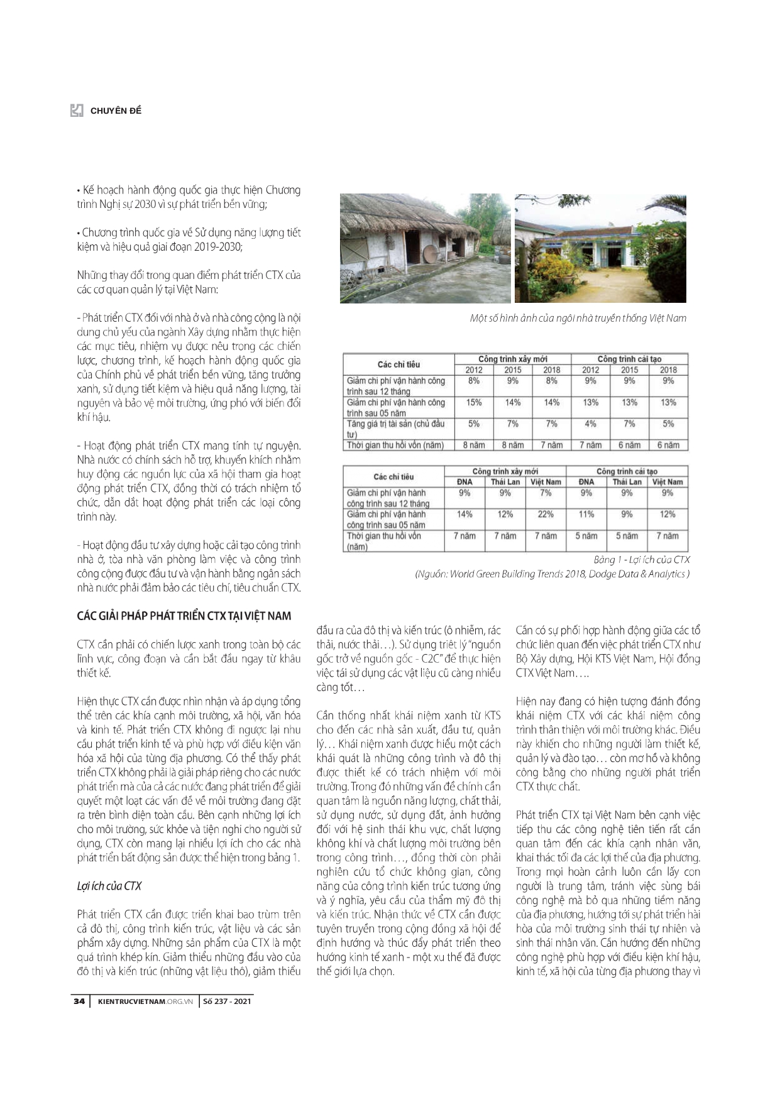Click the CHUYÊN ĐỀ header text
click(116, 111)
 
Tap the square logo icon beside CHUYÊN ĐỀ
click(77, 111)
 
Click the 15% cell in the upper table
click(474, 402)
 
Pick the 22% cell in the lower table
click(546, 514)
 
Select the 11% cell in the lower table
click(586, 514)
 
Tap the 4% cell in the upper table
click(590, 423)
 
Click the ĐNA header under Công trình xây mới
click(464, 482)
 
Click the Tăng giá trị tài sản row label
click(396, 428)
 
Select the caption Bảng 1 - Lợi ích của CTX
click(642, 559)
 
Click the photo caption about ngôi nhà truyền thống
click(578, 318)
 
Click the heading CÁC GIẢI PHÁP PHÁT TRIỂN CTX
click(184, 616)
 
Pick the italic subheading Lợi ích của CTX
click(109, 886)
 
